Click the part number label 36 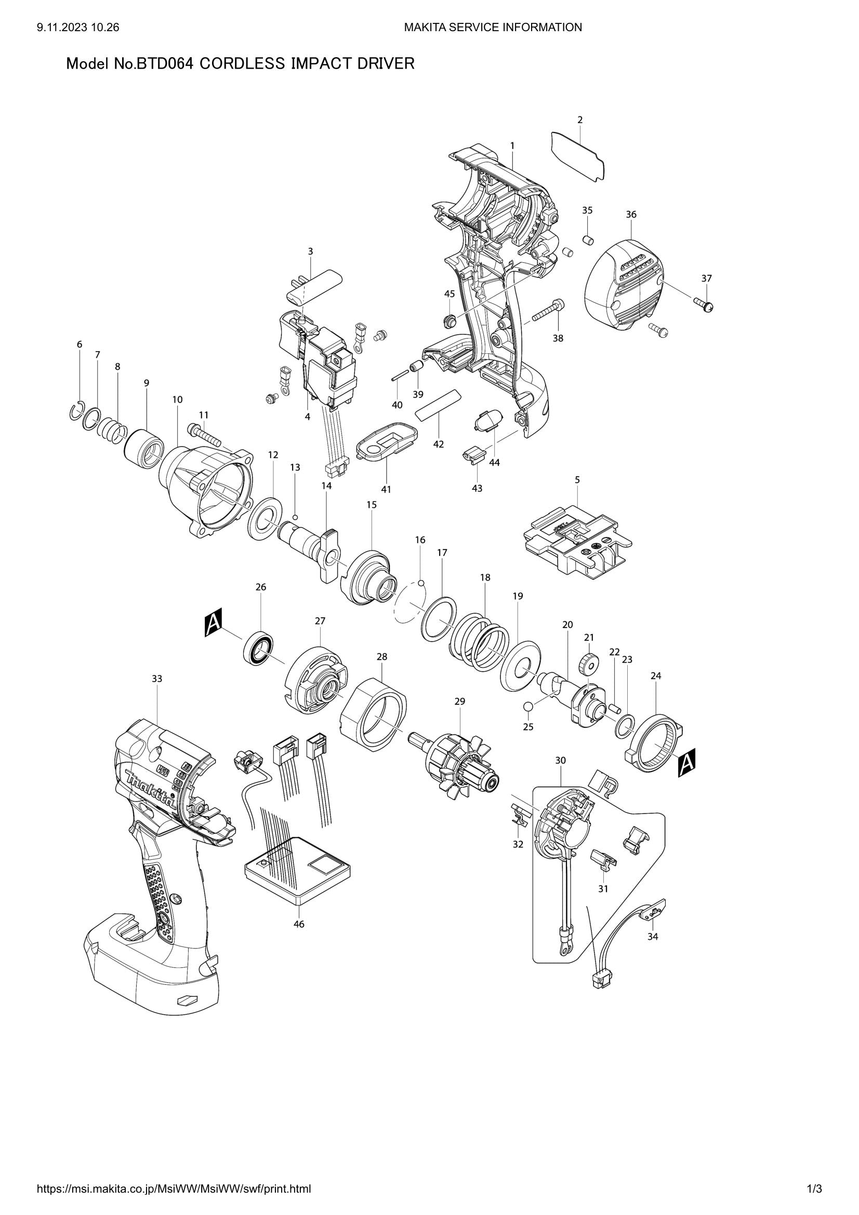(x=631, y=215)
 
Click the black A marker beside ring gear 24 (x=686, y=762)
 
